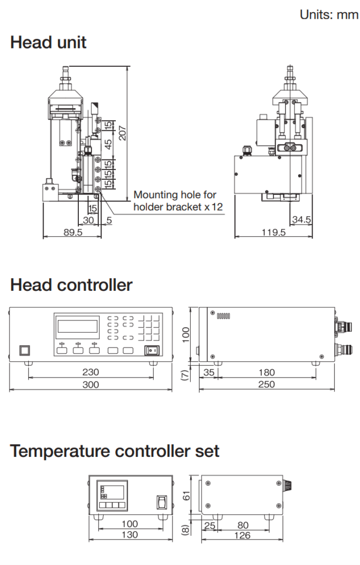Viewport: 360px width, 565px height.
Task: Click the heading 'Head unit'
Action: [x=49, y=42]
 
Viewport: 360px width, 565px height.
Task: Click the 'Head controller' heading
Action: [x=71, y=285]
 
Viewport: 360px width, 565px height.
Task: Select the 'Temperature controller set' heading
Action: [x=115, y=451]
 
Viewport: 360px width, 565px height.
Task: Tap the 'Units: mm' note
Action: [x=329, y=15]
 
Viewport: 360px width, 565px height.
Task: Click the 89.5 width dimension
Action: [x=73, y=233]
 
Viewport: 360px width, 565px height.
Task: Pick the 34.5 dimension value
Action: [x=301, y=220]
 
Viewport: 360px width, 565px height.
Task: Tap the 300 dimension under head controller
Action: [x=91, y=385]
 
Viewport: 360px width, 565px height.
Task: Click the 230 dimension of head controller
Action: [x=91, y=372]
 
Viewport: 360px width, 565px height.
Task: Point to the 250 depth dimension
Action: [x=267, y=385]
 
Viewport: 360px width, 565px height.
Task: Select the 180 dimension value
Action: [x=267, y=372]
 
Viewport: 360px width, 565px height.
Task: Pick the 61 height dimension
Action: [x=186, y=495]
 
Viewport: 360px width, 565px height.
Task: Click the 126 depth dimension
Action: [x=242, y=535]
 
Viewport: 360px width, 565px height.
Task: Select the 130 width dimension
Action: [x=130, y=535]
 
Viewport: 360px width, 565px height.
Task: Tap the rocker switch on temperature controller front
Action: [x=162, y=502]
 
